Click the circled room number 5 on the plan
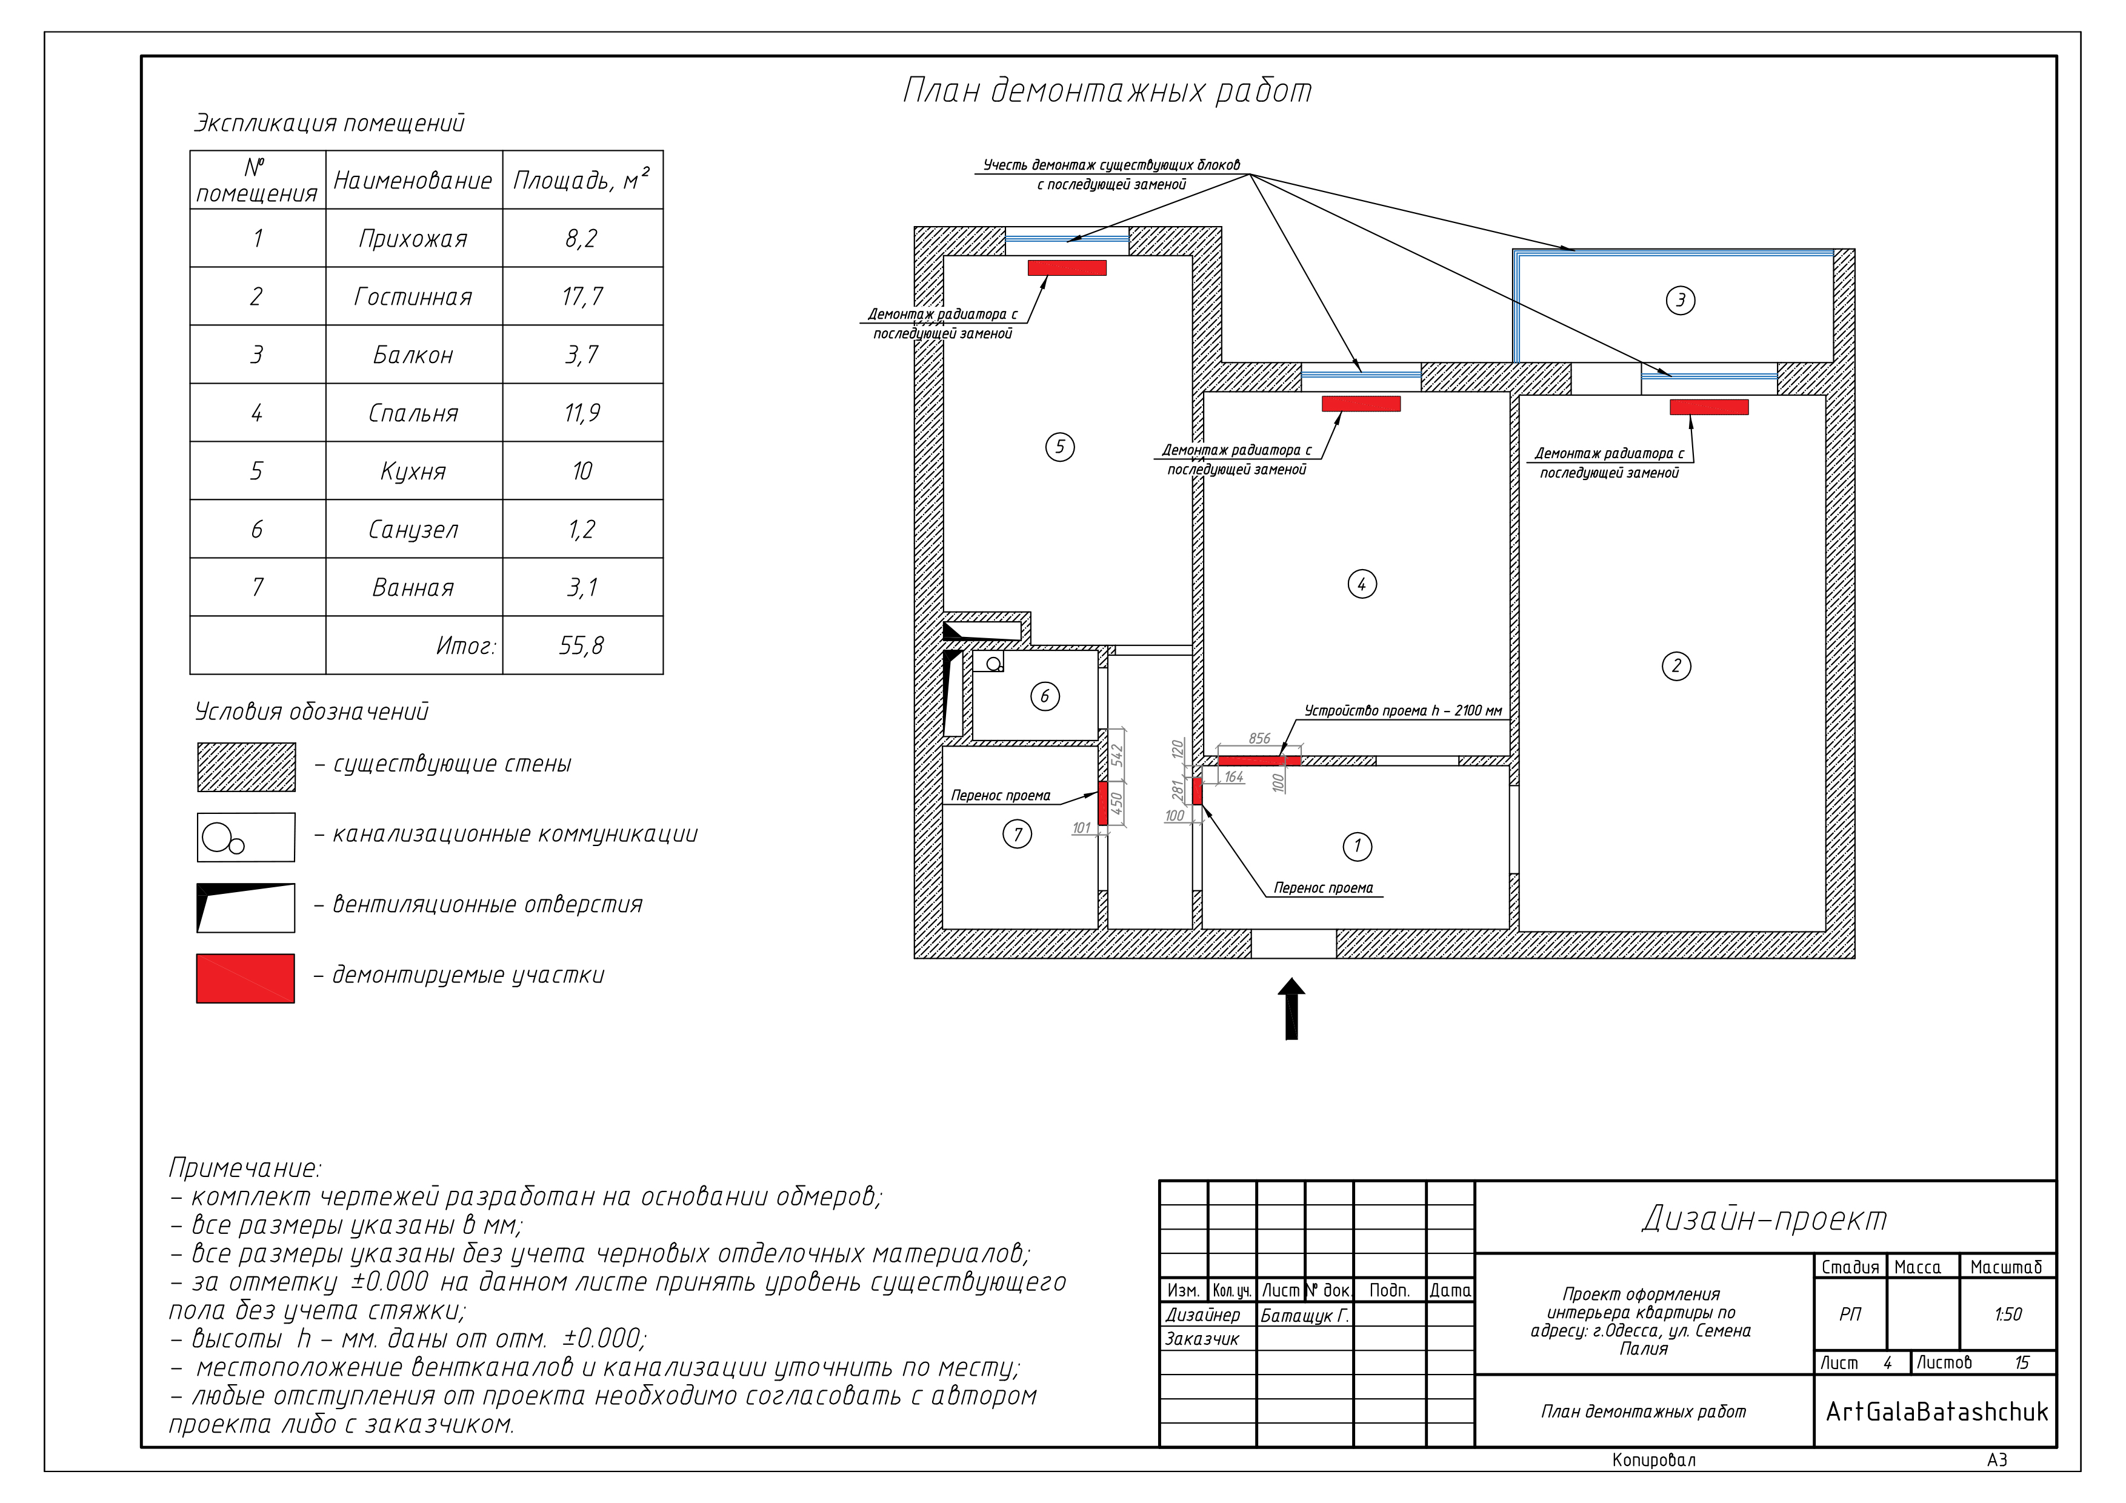1060,447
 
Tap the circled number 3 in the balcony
1681,300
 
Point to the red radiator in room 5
1067,268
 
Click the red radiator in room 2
1709,407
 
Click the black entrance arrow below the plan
1291,1010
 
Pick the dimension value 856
1259,738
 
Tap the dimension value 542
1117,755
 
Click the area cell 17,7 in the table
582,296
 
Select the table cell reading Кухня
413,472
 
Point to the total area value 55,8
582,645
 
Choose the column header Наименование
413,181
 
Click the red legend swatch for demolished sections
245,978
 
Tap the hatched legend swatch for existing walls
246,767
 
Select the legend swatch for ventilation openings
245,907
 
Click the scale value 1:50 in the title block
2007,1314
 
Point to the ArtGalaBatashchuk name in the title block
1937,1411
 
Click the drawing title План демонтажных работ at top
1107,91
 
